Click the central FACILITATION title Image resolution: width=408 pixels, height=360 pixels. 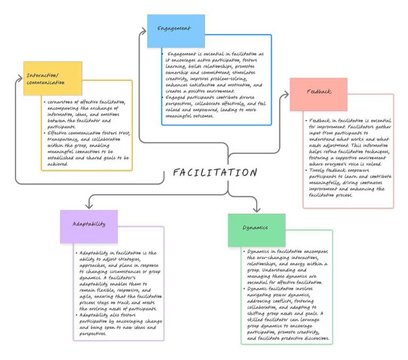pos(215,173)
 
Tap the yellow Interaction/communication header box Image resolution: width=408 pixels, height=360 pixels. pos(53,78)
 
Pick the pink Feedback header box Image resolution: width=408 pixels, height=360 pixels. pos(319,94)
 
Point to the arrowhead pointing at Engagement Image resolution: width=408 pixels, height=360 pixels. pos(143,32)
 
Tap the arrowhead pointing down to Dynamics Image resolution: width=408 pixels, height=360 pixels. pos(257,209)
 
